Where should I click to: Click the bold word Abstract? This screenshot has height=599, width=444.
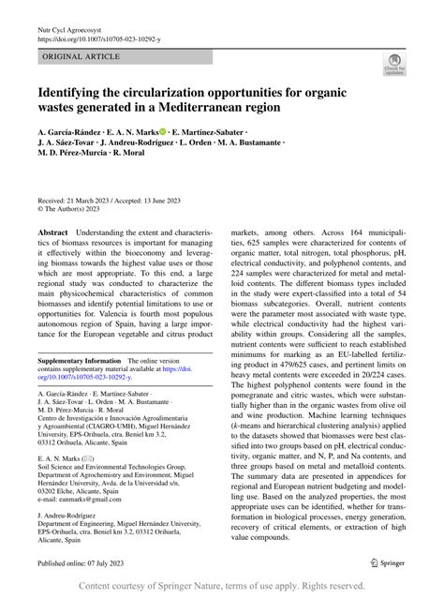tap(52, 231)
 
